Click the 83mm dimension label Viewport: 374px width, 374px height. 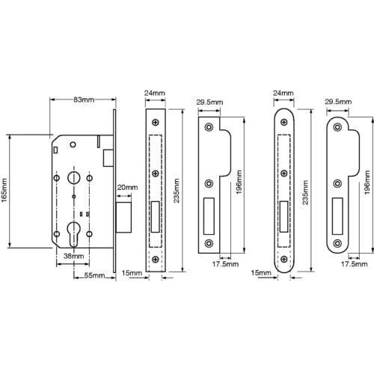84,99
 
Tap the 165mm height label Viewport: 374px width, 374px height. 4,191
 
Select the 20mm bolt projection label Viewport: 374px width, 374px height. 127,187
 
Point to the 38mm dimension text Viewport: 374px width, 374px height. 73,256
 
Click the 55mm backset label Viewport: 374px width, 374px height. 94,275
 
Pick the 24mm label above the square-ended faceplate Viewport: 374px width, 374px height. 155,93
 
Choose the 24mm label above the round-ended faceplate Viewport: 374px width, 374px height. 283,93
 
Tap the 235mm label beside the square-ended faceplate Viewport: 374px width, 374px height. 177,191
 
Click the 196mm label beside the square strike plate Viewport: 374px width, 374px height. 239,183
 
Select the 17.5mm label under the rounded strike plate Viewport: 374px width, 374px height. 354,264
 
